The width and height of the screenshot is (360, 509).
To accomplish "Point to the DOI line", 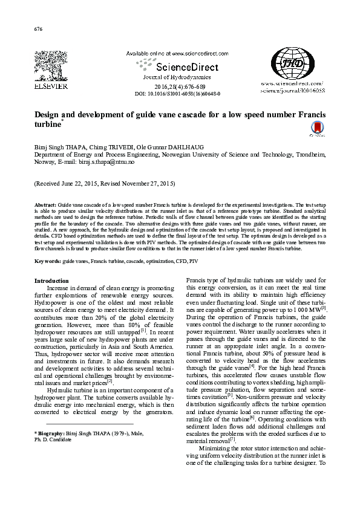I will pos(177,94).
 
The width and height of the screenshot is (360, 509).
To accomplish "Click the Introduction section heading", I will pos(52,280).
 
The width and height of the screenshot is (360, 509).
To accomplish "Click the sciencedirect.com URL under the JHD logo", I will pos(292,84).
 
